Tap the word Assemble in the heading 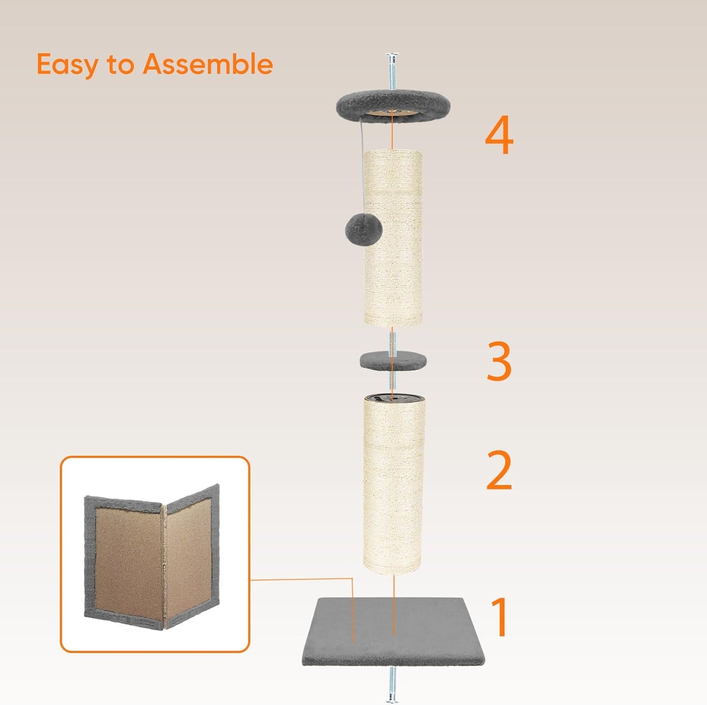tap(207, 64)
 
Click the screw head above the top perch tap(392, 56)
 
